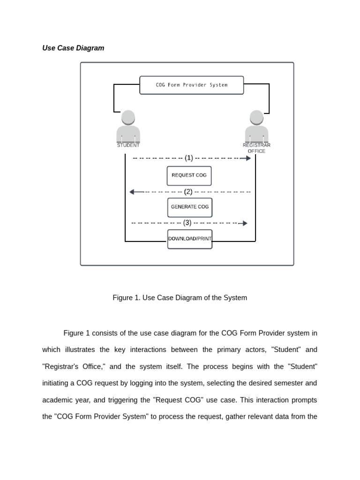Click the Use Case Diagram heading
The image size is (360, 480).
(x=73, y=48)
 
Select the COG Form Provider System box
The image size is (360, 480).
(x=192, y=85)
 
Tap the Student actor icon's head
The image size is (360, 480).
(x=128, y=118)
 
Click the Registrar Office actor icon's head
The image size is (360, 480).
(x=256, y=118)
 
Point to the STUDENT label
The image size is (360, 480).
(x=128, y=145)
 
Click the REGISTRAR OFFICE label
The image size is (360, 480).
(x=256, y=148)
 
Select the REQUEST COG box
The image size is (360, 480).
(x=189, y=176)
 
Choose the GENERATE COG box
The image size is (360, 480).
(x=190, y=207)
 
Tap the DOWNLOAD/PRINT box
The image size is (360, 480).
(x=190, y=239)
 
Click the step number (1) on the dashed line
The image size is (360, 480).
(x=189, y=158)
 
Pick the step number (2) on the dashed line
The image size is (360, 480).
(x=188, y=192)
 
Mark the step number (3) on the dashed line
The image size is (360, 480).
(x=187, y=223)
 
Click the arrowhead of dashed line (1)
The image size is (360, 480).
(x=248, y=158)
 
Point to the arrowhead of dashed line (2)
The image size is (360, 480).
(x=132, y=192)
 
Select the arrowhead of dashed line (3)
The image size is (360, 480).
(x=245, y=223)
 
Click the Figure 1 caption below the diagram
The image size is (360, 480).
(x=180, y=298)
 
